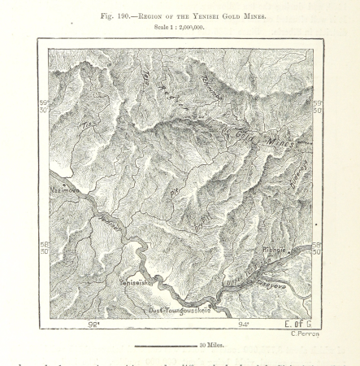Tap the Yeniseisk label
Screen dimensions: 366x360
pos(137,282)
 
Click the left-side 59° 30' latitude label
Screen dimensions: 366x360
pos(45,107)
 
